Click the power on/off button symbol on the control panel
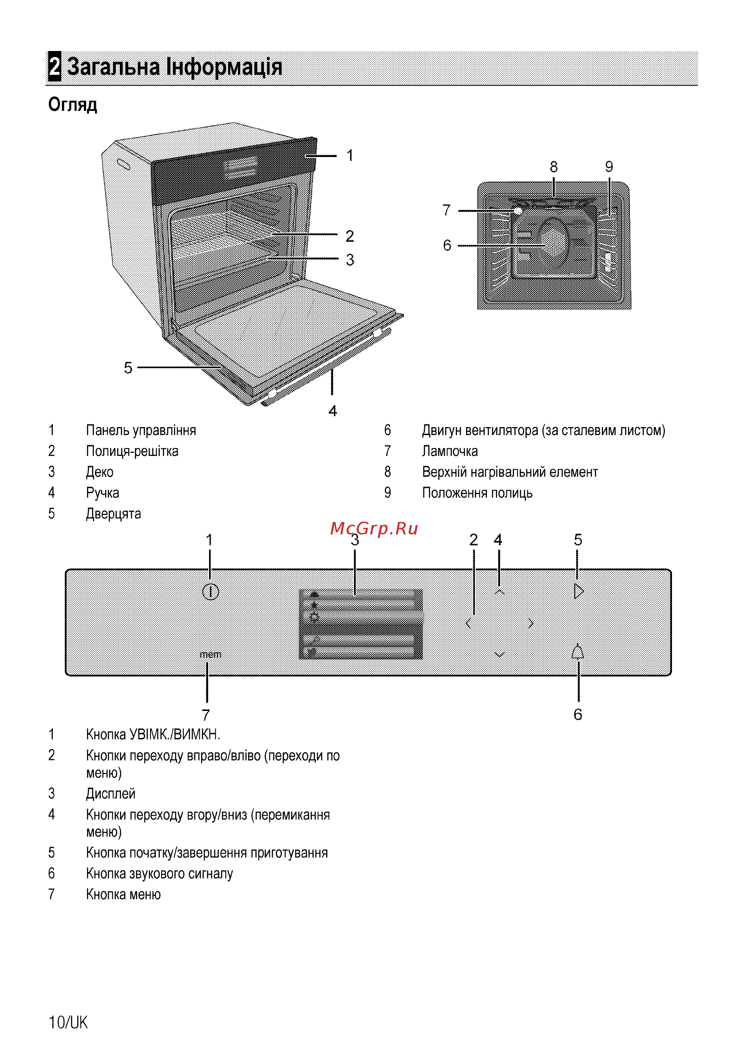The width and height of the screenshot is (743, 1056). pos(210,592)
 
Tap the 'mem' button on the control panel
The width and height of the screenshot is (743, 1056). pos(210,654)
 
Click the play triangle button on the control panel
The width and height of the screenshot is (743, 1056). pos(579,591)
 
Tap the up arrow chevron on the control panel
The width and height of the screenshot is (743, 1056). pos(499,592)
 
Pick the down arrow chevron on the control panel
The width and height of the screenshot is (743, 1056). pos(499,654)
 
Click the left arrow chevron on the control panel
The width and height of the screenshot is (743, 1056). pos(468,623)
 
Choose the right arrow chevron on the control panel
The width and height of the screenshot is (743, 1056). pos(531,623)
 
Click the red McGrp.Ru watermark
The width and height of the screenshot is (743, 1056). pos(374,529)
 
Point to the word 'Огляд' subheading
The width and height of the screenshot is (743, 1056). pos(73,105)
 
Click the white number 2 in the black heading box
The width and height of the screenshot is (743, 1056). pos(55,66)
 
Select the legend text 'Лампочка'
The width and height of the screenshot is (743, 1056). pos(450,451)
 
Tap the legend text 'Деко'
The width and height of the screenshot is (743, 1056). pos(99,472)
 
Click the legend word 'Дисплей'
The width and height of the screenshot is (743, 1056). pos(111,794)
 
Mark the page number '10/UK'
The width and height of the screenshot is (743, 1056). pos(68,1022)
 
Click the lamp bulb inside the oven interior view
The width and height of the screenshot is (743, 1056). pos(518,211)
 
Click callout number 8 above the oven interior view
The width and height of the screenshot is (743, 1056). pos(554,166)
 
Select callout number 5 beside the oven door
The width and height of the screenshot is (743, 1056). pos(128,368)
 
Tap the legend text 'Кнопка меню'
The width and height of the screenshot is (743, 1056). pos(123,894)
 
